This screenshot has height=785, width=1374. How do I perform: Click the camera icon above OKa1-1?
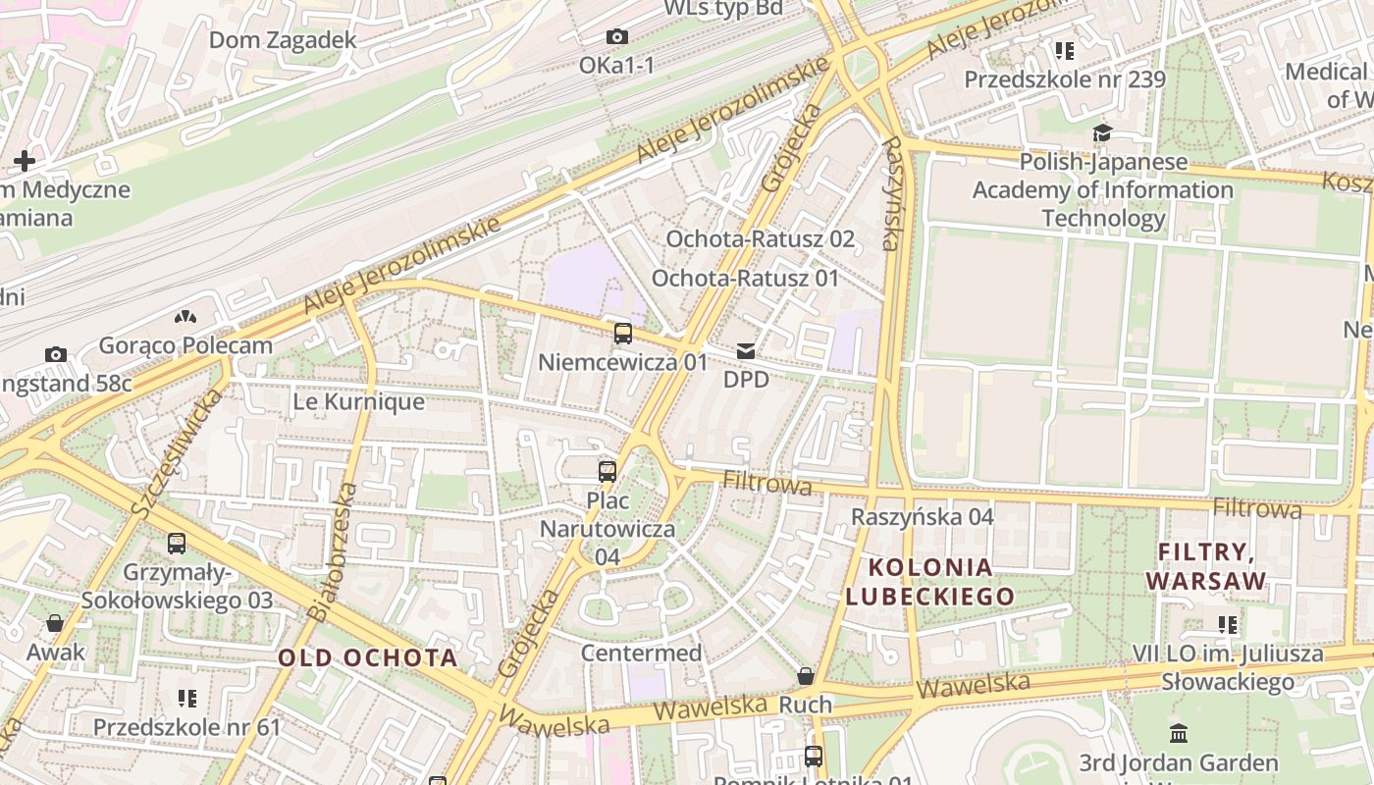[616, 37]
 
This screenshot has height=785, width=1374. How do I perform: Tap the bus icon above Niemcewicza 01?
[622, 334]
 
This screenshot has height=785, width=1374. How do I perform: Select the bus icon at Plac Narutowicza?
[608, 471]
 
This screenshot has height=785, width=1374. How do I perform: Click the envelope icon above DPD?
[746, 350]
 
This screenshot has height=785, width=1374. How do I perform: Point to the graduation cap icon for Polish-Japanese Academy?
[1102, 133]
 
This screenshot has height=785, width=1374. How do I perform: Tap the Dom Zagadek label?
[283, 40]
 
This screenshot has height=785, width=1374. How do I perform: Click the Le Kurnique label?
[359, 401]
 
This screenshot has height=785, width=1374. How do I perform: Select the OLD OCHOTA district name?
[367, 657]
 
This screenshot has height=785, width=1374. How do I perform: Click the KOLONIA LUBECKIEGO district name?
[929, 582]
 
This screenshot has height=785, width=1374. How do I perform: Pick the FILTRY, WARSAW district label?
[1205, 566]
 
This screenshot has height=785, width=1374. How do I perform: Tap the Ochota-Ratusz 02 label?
[760, 239]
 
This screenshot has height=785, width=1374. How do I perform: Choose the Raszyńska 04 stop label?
[922, 516]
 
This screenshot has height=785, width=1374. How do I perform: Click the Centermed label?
[641, 653]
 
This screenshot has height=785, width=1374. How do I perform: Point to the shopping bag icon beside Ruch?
[805, 676]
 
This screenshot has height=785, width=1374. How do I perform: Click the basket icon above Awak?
[55, 623]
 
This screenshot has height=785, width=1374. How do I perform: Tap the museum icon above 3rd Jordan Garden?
[1178, 733]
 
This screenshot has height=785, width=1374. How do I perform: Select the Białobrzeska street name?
[332, 551]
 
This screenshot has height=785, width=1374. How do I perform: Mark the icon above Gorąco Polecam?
[184, 317]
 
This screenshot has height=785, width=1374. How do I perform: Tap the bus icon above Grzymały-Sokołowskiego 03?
[177, 543]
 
